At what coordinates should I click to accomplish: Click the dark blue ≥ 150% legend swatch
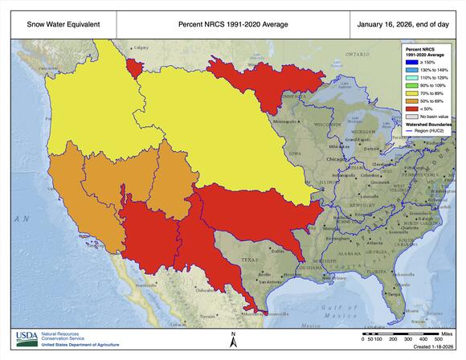(411, 61)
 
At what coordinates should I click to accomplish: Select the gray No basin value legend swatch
(411, 116)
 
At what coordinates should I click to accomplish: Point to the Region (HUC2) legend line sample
(411, 131)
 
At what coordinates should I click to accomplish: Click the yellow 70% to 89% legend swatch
(411, 93)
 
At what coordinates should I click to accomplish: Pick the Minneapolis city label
(285, 121)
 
